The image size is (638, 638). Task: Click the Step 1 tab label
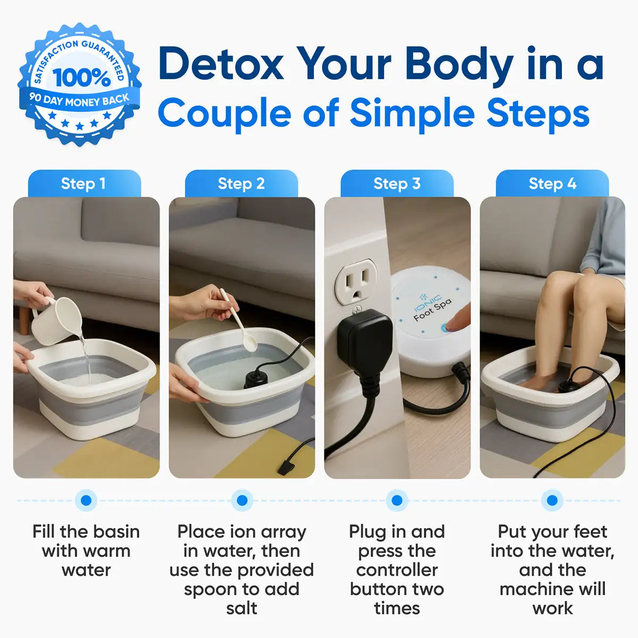83,184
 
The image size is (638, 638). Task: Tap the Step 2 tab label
241,184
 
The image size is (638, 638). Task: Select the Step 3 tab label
397,184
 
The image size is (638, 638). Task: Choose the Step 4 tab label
552,184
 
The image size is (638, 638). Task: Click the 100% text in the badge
81,78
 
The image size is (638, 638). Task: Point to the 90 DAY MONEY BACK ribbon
80,100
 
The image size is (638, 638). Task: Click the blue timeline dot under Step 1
86,500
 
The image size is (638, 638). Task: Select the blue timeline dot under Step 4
552,500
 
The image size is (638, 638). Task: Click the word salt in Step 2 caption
241,608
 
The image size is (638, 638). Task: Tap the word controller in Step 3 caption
397,570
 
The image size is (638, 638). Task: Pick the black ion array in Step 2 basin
256,379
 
